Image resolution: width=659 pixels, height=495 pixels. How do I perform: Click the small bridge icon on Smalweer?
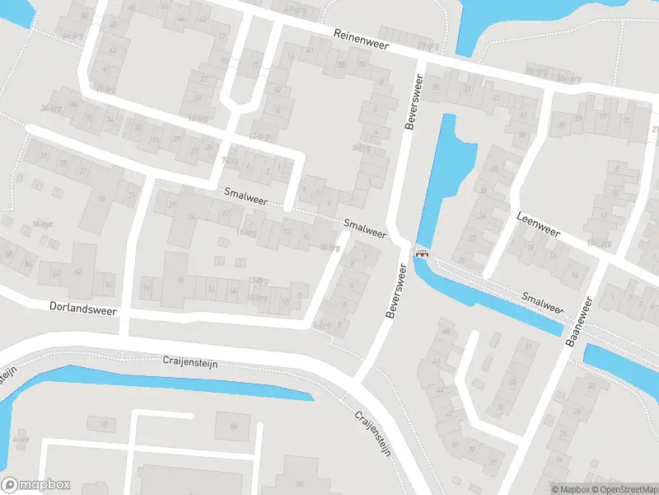pyautogui.click(x=423, y=253)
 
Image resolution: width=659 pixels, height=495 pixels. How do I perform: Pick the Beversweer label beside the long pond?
pyautogui.click(x=412, y=103)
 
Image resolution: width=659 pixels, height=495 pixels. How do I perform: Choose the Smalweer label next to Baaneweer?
pyautogui.click(x=542, y=300)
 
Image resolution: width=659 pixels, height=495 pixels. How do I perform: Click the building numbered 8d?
pyautogui.click(x=233, y=426)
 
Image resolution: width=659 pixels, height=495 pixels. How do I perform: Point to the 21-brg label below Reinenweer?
pyautogui.click(x=424, y=45)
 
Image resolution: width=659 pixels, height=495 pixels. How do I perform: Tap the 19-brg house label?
pyautogui.click(x=600, y=244)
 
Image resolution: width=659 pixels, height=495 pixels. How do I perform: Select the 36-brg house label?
pyautogui.click(x=55, y=107)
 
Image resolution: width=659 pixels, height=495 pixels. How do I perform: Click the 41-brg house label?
pyautogui.click(x=104, y=87)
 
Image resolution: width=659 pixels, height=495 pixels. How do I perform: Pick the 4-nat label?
pyautogui.click(x=20, y=440)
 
